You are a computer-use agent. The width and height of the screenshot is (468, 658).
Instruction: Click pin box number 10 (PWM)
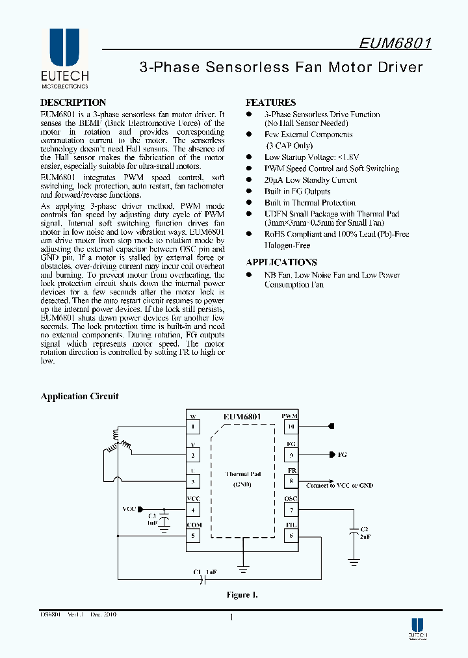pyautogui.click(x=291, y=427)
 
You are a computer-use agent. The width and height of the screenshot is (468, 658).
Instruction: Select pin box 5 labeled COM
pyautogui.click(x=193, y=536)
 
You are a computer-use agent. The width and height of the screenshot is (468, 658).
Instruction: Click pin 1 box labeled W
pyautogui.click(x=193, y=427)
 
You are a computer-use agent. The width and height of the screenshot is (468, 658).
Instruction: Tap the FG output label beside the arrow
pyautogui.click(x=343, y=455)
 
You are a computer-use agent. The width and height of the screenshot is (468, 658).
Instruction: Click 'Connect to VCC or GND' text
pyautogui.click(x=339, y=485)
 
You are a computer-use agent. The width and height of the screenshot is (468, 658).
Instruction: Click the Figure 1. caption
pyautogui.click(x=242, y=595)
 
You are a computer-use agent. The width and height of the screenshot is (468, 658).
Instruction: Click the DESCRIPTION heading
pyautogui.click(x=73, y=103)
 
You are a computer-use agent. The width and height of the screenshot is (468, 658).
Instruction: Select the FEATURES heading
pyautogui.click(x=270, y=103)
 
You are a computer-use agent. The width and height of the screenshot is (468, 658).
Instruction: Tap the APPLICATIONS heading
pyautogui.click(x=281, y=263)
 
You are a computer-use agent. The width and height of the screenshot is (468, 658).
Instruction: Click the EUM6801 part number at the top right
pyautogui.click(x=395, y=43)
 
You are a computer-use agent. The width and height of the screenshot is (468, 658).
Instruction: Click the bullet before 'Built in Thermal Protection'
pyautogui.click(x=248, y=203)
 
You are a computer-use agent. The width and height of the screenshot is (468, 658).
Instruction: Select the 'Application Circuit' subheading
pyautogui.click(x=80, y=397)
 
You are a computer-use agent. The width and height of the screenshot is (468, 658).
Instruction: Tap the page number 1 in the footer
pyautogui.click(x=231, y=618)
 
